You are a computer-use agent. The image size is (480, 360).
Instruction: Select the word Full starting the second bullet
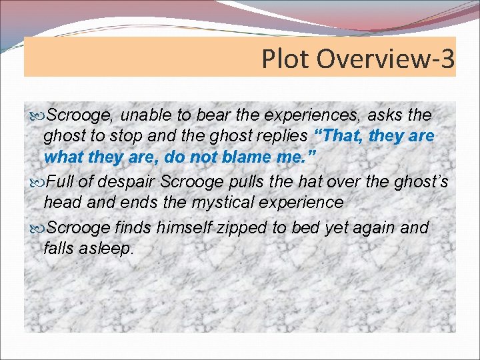tap(63, 181)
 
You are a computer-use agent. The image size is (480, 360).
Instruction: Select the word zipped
tap(241, 227)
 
